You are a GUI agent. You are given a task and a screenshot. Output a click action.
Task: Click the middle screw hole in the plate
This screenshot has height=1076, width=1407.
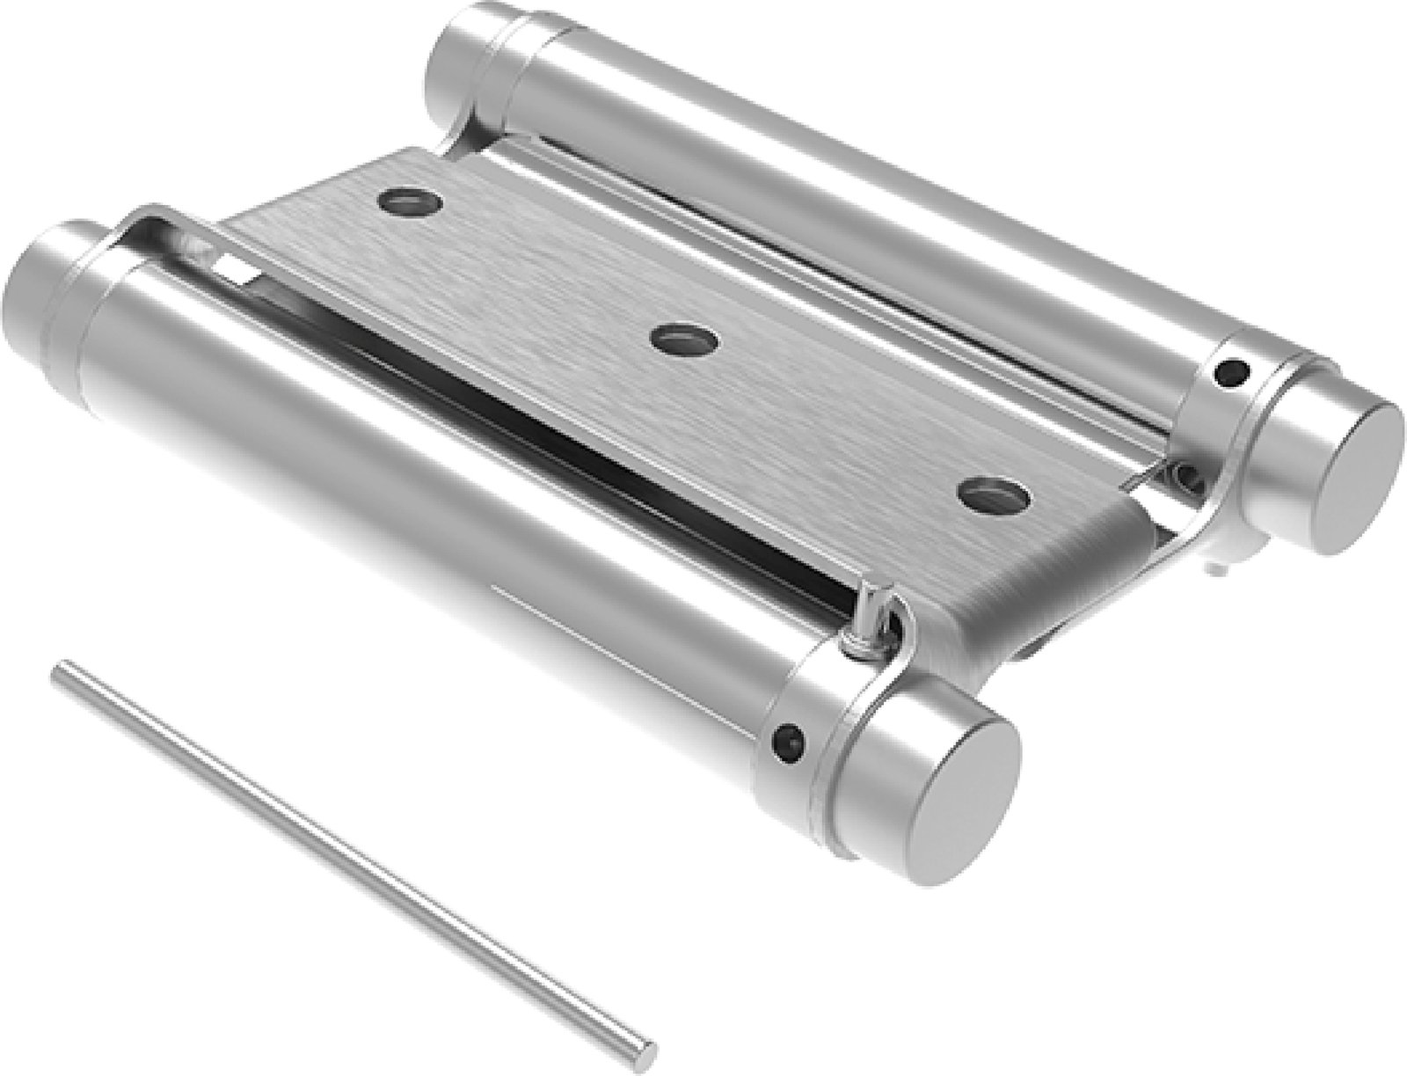tap(684, 338)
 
